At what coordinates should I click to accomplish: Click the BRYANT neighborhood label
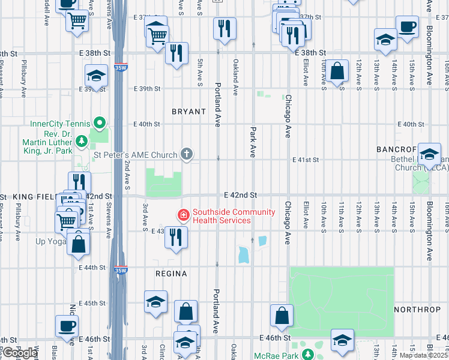pos(189,112)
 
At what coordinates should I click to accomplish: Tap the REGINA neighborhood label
pos(170,274)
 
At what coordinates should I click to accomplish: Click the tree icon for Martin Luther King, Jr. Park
pos(82,142)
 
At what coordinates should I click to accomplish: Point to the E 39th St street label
pos(147,89)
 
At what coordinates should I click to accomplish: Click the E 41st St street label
pos(306,160)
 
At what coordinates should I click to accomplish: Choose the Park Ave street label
pos(253,139)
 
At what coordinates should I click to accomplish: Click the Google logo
pos(19,353)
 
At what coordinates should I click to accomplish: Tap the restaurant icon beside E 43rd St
pos(176,237)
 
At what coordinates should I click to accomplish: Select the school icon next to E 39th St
pos(95,76)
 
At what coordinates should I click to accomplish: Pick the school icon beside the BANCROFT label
pos(429,155)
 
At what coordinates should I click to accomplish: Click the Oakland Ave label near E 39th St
pos(236,77)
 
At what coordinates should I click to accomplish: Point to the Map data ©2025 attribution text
pos(423,355)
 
